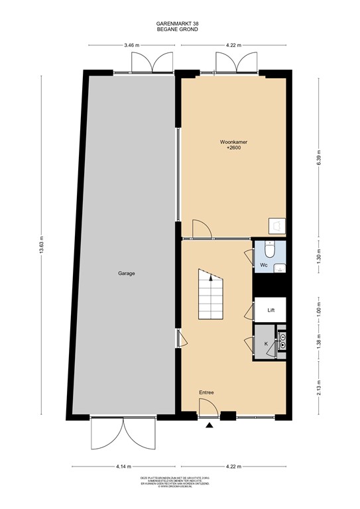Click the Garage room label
(127, 273)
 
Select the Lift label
(271, 310)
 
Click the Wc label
(263, 265)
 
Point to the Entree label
(206, 393)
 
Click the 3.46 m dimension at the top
(131, 46)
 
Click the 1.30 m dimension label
(319, 256)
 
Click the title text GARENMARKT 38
(179, 23)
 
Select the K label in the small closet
(266, 344)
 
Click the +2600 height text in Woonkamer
(233, 149)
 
